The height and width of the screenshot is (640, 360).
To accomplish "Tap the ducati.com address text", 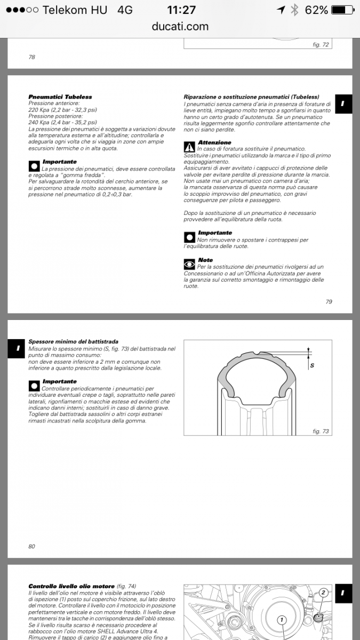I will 180,26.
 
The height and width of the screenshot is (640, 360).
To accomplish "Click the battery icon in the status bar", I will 342,10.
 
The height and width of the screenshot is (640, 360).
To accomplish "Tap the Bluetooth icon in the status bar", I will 294,10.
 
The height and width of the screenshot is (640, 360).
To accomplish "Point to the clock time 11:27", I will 181,10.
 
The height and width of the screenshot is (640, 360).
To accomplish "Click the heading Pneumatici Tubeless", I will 60,97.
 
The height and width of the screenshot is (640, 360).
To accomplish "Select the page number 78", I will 31,57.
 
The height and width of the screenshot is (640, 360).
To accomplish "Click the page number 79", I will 329,301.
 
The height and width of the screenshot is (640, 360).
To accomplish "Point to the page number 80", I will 31,546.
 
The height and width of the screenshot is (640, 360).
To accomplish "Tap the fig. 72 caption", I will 321,45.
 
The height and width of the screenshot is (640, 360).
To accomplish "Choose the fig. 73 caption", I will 321,431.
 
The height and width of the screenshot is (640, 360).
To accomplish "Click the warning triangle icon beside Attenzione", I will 189,147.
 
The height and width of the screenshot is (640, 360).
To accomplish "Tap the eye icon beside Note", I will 189,263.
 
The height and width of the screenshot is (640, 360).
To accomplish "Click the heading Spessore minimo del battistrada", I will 73,341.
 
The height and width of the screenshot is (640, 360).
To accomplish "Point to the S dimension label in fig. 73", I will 312,365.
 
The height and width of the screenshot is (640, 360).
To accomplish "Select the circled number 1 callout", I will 282,620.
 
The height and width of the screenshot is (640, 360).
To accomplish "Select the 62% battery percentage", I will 317,10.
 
